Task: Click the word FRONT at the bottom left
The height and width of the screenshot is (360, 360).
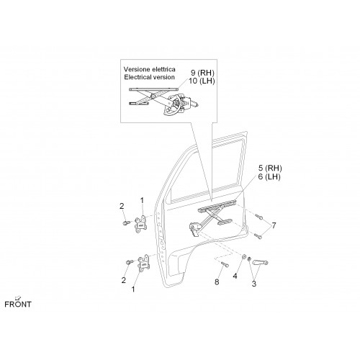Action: point(18,305)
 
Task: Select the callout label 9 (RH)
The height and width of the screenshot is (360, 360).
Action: point(202,73)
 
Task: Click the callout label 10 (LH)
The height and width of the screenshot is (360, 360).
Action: point(202,81)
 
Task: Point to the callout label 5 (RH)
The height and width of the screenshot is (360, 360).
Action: point(270,168)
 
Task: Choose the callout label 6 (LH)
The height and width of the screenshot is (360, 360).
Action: point(269,177)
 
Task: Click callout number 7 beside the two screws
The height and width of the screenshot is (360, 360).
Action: point(274,225)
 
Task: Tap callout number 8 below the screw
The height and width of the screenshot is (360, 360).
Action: point(217,282)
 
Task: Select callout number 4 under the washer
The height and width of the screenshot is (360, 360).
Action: point(235,276)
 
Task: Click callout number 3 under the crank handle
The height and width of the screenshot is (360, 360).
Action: point(254,284)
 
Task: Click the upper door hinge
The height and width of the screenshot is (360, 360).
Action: point(140,224)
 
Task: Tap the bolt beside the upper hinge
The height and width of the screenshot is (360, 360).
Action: point(126,223)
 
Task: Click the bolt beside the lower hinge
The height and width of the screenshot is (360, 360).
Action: point(130,262)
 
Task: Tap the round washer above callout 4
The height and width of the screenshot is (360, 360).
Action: point(243,257)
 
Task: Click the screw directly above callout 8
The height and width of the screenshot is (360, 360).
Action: point(224,264)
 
